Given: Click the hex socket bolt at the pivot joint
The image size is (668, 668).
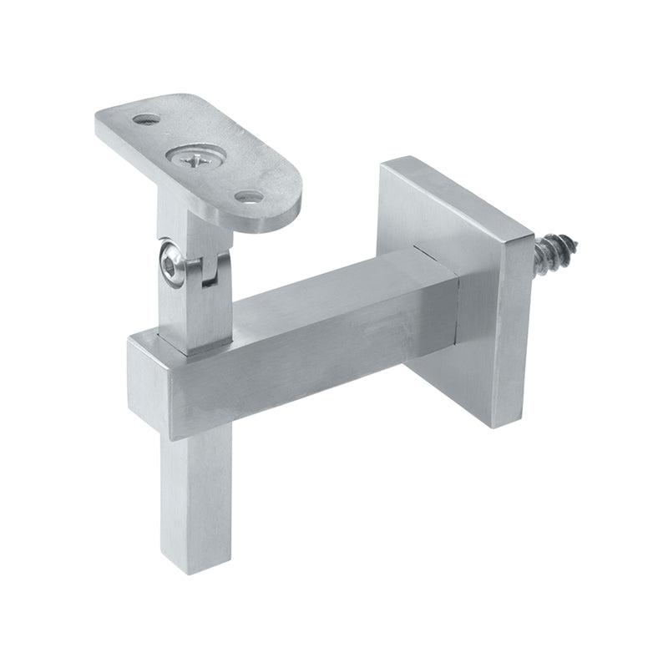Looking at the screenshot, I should point(172,266).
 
